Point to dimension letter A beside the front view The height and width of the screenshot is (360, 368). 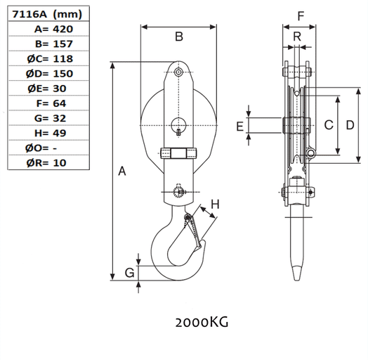click(122, 171)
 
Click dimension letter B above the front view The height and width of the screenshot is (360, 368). click(179, 37)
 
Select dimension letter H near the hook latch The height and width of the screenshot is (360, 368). click(216, 205)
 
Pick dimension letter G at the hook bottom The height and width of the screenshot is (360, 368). click(129, 272)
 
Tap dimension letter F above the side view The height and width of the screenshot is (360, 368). click(301, 15)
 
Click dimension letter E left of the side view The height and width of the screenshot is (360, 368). click(239, 126)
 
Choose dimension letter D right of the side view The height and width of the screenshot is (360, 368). click(350, 124)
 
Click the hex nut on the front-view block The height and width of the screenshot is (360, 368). click(179, 153)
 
